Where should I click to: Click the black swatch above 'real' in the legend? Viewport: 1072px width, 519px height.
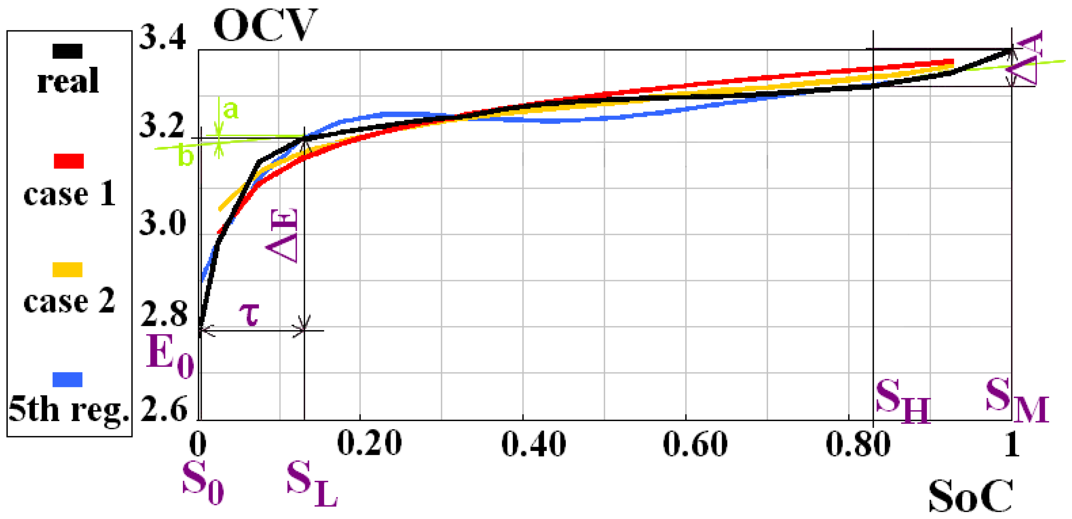tap(68, 51)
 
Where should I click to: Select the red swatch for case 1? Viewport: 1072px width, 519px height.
tap(69, 161)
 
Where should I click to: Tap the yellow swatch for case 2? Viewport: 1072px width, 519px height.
tap(68, 269)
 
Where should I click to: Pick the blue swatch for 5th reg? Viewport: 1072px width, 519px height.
tap(68, 379)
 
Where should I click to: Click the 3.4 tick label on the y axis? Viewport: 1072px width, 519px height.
tap(162, 38)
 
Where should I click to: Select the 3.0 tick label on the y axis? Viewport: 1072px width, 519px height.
tap(162, 223)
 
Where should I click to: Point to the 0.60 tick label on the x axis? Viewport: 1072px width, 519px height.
tap(695, 444)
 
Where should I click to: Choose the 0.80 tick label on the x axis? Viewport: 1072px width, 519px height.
tap(858, 444)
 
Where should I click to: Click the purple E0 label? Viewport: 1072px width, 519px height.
tap(170, 356)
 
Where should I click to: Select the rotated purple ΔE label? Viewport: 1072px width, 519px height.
tap(283, 236)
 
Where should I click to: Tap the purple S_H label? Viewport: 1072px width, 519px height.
tap(902, 400)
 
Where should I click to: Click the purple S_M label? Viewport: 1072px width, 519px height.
tap(1016, 400)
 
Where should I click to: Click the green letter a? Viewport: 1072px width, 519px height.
tap(230, 109)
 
